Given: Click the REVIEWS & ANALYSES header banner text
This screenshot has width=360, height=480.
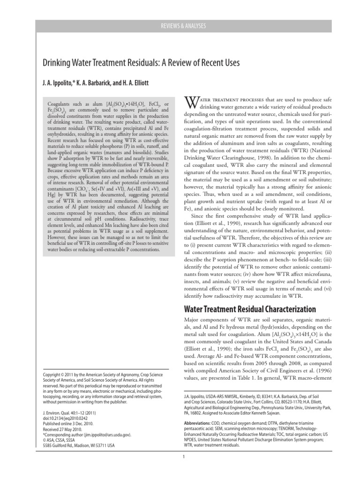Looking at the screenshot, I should pos(180,26).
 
